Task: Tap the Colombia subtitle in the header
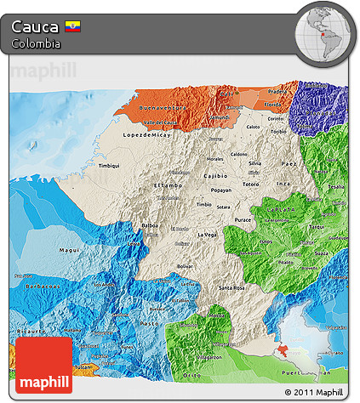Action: pos(36,43)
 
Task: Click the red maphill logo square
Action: pos(43,363)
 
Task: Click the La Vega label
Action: pos(207,234)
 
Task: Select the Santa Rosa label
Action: pos(232,289)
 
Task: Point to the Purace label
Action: pos(243,218)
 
